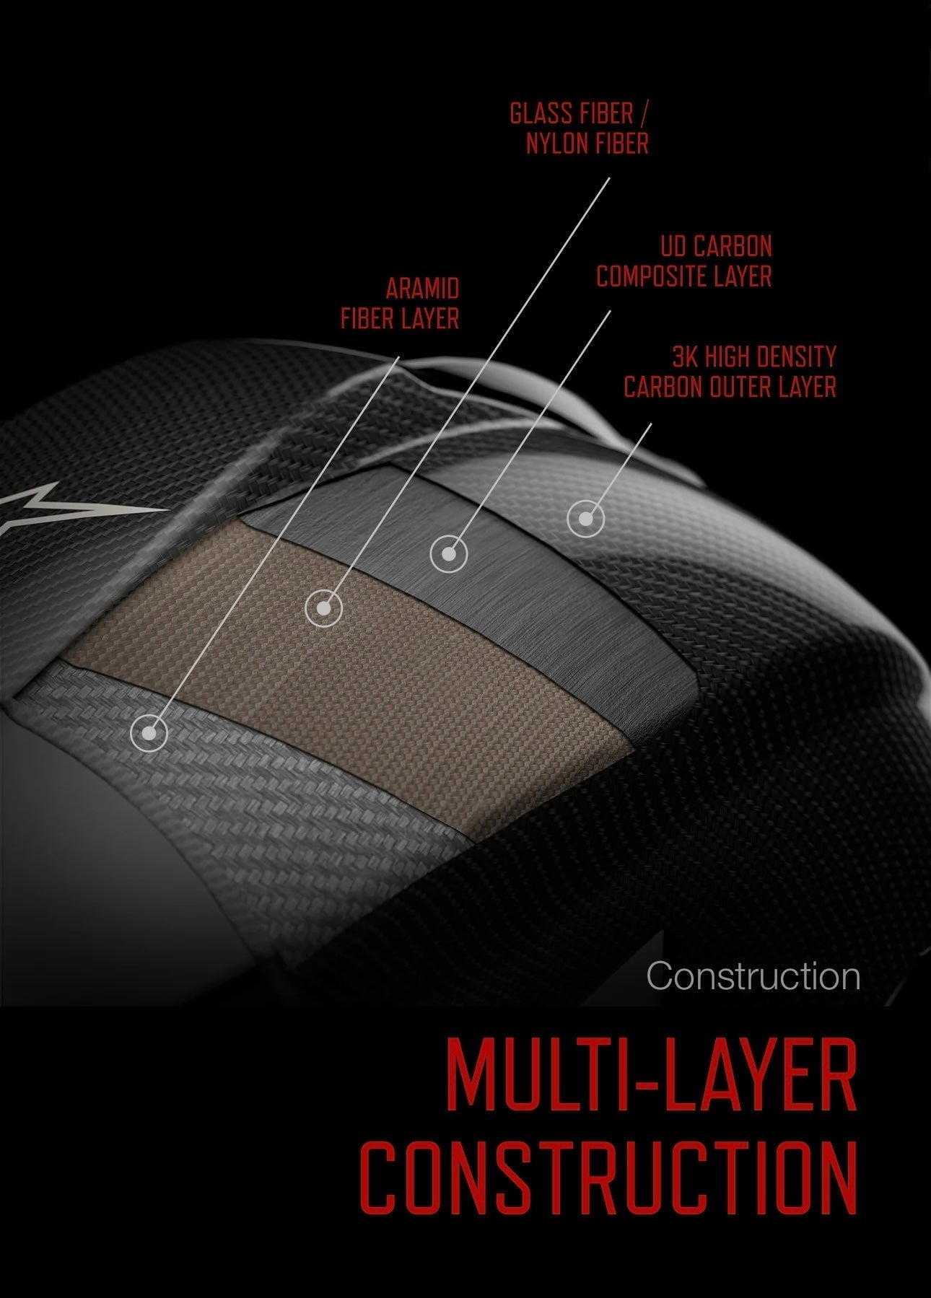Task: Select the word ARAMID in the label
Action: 422,289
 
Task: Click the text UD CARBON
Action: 716,247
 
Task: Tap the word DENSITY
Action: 798,356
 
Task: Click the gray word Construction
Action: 753,976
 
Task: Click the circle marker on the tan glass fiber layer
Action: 323,608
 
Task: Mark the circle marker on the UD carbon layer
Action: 449,555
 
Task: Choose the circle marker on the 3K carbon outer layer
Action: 585,519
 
